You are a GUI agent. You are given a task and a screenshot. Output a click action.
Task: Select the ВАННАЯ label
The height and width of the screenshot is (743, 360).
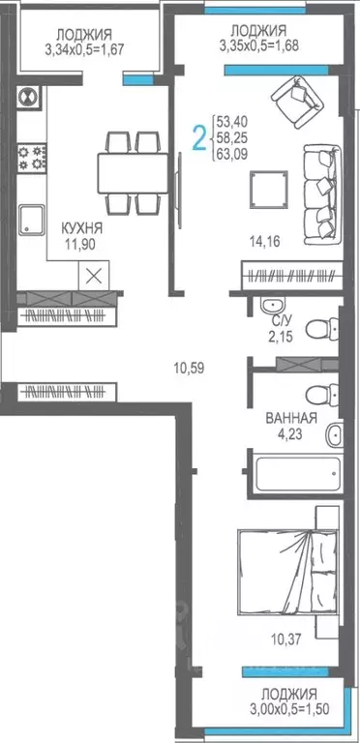pyautogui.click(x=291, y=419)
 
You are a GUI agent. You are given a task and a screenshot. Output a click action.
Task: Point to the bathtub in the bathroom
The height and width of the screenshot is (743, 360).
pyautogui.click(x=295, y=474)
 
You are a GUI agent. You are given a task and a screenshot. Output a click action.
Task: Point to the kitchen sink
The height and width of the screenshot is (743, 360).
pyautogui.click(x=31, y=220)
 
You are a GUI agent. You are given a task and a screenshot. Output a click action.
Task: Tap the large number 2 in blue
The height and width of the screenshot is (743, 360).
pyautogui.click(x=199, y=138)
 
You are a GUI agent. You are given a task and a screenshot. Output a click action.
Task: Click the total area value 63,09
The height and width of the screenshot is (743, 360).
pyautogui.click(x=232, y=158)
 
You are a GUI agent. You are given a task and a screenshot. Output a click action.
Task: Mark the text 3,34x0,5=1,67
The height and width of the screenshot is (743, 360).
pyautogui.click(x=81, y=48)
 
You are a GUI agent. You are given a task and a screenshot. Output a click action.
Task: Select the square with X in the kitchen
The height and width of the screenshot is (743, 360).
pyautogui.click(x=94, y=274)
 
